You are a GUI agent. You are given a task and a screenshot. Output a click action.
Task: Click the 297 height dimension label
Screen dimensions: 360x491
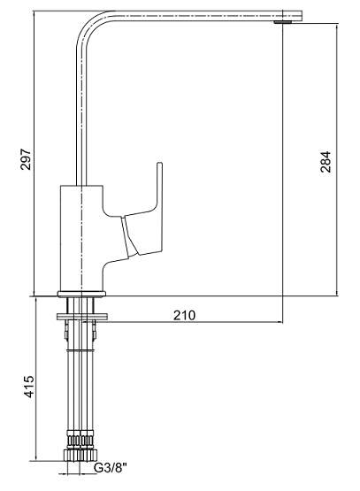point(26,159)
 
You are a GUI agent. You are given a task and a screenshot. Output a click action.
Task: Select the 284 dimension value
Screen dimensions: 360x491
point(326,162)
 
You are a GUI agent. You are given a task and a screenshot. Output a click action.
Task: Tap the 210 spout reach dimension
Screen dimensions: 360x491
point(184,315)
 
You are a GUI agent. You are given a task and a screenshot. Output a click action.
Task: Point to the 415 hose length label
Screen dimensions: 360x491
point(29,387)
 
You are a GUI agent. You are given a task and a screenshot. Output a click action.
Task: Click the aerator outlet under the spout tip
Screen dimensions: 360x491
point(282,22)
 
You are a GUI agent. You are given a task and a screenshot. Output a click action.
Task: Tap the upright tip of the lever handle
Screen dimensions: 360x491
point(159,165)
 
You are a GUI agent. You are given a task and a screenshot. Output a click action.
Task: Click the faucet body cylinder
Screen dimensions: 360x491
point(81,238)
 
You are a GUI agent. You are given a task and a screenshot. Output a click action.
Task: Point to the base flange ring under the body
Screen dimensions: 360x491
point(81,294)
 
